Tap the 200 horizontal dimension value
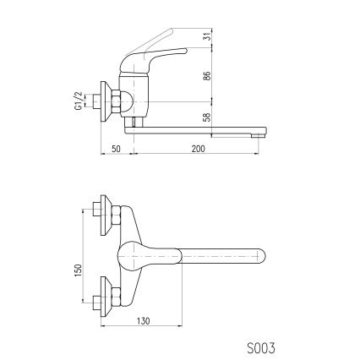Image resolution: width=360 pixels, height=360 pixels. (198, 148)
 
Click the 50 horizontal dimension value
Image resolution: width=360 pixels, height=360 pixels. (115, 148)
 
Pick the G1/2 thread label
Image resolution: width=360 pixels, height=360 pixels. (77, 102)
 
